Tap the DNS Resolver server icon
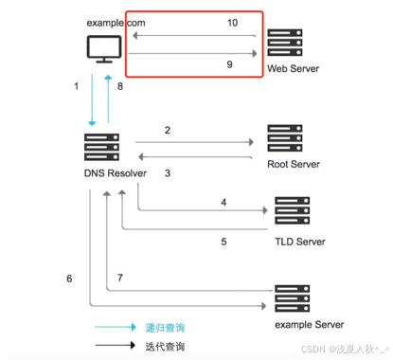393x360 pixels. [x=102, y=150]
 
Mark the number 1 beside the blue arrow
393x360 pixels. [x=76, y=87]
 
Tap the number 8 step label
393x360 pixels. [x=120, y=87]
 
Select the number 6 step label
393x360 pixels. [x=69, y=279]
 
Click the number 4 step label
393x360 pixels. [x=224, y=202]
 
